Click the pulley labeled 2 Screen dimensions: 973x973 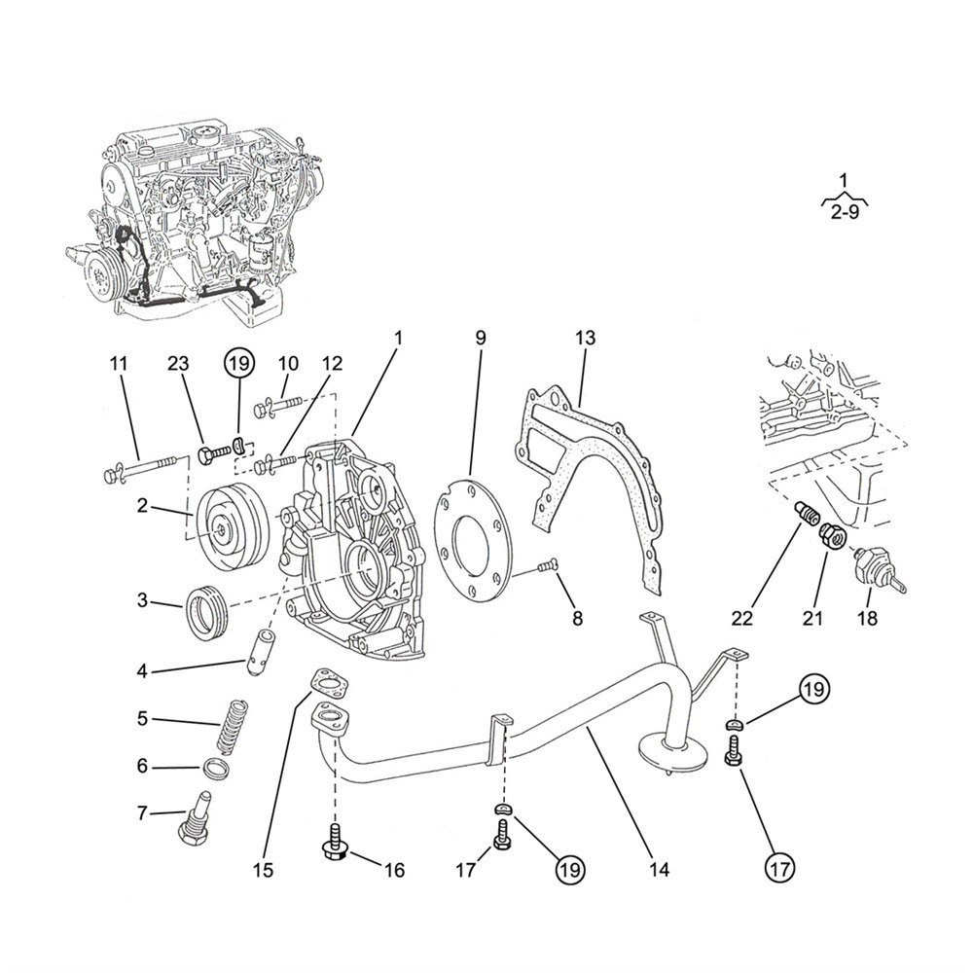[232, 524]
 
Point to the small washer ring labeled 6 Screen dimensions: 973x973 [217, 769]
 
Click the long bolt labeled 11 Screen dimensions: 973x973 [143, 469]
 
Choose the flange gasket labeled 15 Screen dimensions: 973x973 [329, 684]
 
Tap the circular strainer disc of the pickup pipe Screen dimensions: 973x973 [673, 751]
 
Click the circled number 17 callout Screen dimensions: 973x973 [780, 868]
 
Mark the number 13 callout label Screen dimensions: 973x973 [585, 338]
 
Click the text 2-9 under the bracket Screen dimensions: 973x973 [846, 213]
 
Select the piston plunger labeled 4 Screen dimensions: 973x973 [260, 654]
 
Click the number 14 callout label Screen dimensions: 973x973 [659, 870]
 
